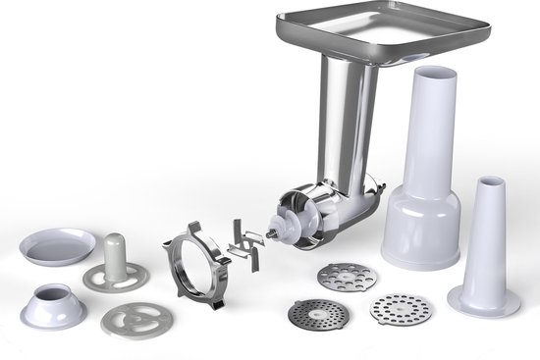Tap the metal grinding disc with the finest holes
coord(317,315)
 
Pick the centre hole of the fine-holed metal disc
coord(317,315)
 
